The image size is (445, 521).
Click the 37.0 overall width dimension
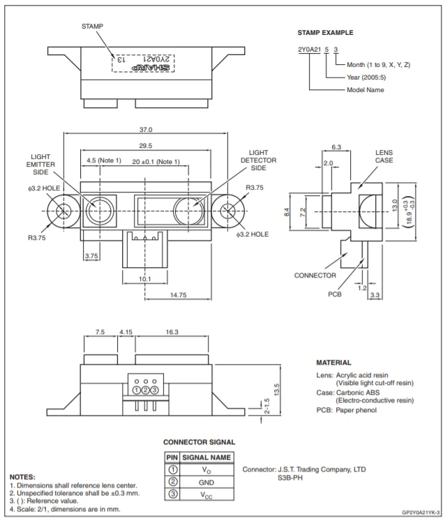pos(146,130)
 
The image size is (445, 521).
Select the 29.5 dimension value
pos(146,146)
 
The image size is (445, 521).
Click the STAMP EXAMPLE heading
pos(325,33)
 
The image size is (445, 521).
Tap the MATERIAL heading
pos(333,363)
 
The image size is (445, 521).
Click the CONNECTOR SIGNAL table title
pos(199,442)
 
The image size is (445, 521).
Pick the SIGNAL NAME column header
pos(206,457)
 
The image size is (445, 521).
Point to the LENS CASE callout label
pos(384,156)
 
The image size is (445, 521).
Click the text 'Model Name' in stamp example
pos(365,90)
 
